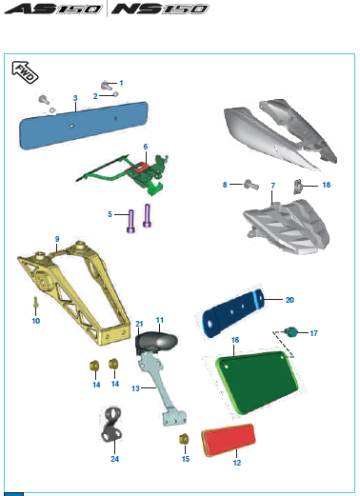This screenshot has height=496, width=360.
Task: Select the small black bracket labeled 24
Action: [x=112, y=426]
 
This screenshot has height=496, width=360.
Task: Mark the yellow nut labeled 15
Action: [x=186, y=439]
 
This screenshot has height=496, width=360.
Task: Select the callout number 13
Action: [x=134, y=388]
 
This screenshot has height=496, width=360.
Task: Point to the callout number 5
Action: [x=110, y=213]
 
